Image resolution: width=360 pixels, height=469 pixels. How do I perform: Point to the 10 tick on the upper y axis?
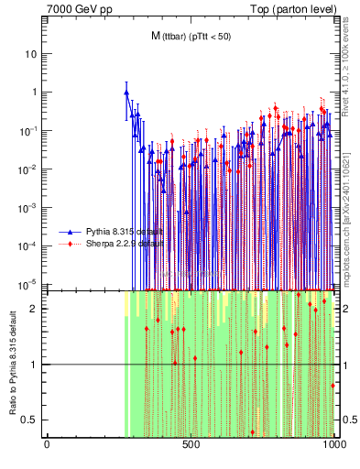tap(32, 53)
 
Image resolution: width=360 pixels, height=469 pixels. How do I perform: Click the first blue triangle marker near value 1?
tap(126, 93)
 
